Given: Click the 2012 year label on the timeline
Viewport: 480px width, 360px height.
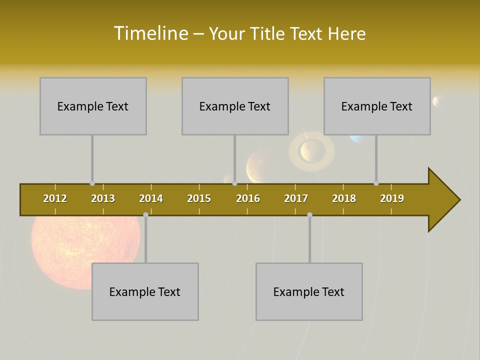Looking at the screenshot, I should (55, 198).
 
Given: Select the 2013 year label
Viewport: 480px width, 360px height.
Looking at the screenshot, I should (103, 198).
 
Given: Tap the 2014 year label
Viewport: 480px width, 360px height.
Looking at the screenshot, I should (151, 198).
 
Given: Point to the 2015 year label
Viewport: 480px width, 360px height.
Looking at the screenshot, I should (199, 198).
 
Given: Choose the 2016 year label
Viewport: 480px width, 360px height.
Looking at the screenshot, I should (248, 198).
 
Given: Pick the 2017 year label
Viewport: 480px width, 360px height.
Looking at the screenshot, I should (296, 198).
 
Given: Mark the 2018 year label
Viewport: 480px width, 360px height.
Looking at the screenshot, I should (344, 198).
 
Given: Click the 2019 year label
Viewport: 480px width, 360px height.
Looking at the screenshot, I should (392, 198).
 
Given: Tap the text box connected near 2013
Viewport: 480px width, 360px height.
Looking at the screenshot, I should (93, 106).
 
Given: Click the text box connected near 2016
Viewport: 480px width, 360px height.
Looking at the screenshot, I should (235, 106).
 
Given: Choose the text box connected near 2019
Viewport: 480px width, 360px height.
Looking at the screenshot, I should (377, 106).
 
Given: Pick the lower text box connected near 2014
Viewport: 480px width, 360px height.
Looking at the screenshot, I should (145, 291).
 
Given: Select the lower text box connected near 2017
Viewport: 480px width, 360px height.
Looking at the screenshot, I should (309, 291).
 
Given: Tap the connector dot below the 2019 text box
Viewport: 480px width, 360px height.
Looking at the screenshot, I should (376, 183).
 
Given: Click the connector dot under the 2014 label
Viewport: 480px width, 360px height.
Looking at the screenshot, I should (145, 214).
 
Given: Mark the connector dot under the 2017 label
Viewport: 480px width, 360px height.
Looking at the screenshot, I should (309, 214).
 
